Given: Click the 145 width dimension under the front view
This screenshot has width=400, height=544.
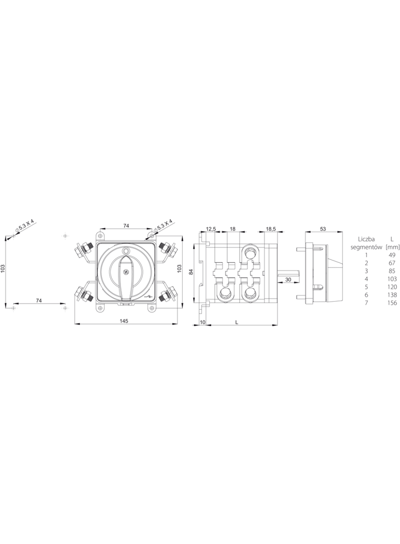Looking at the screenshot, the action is pos(124,321).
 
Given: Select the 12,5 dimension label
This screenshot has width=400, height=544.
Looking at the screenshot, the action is pos(211,229).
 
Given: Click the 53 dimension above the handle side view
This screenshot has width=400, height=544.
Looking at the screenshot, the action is pos(323,229).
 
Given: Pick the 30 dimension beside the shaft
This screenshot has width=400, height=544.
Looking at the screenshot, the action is pos(288,280).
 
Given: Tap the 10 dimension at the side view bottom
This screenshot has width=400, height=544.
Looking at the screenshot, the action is pos(203,323).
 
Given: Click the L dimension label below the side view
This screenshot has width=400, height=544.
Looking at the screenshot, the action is pos(236,323).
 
